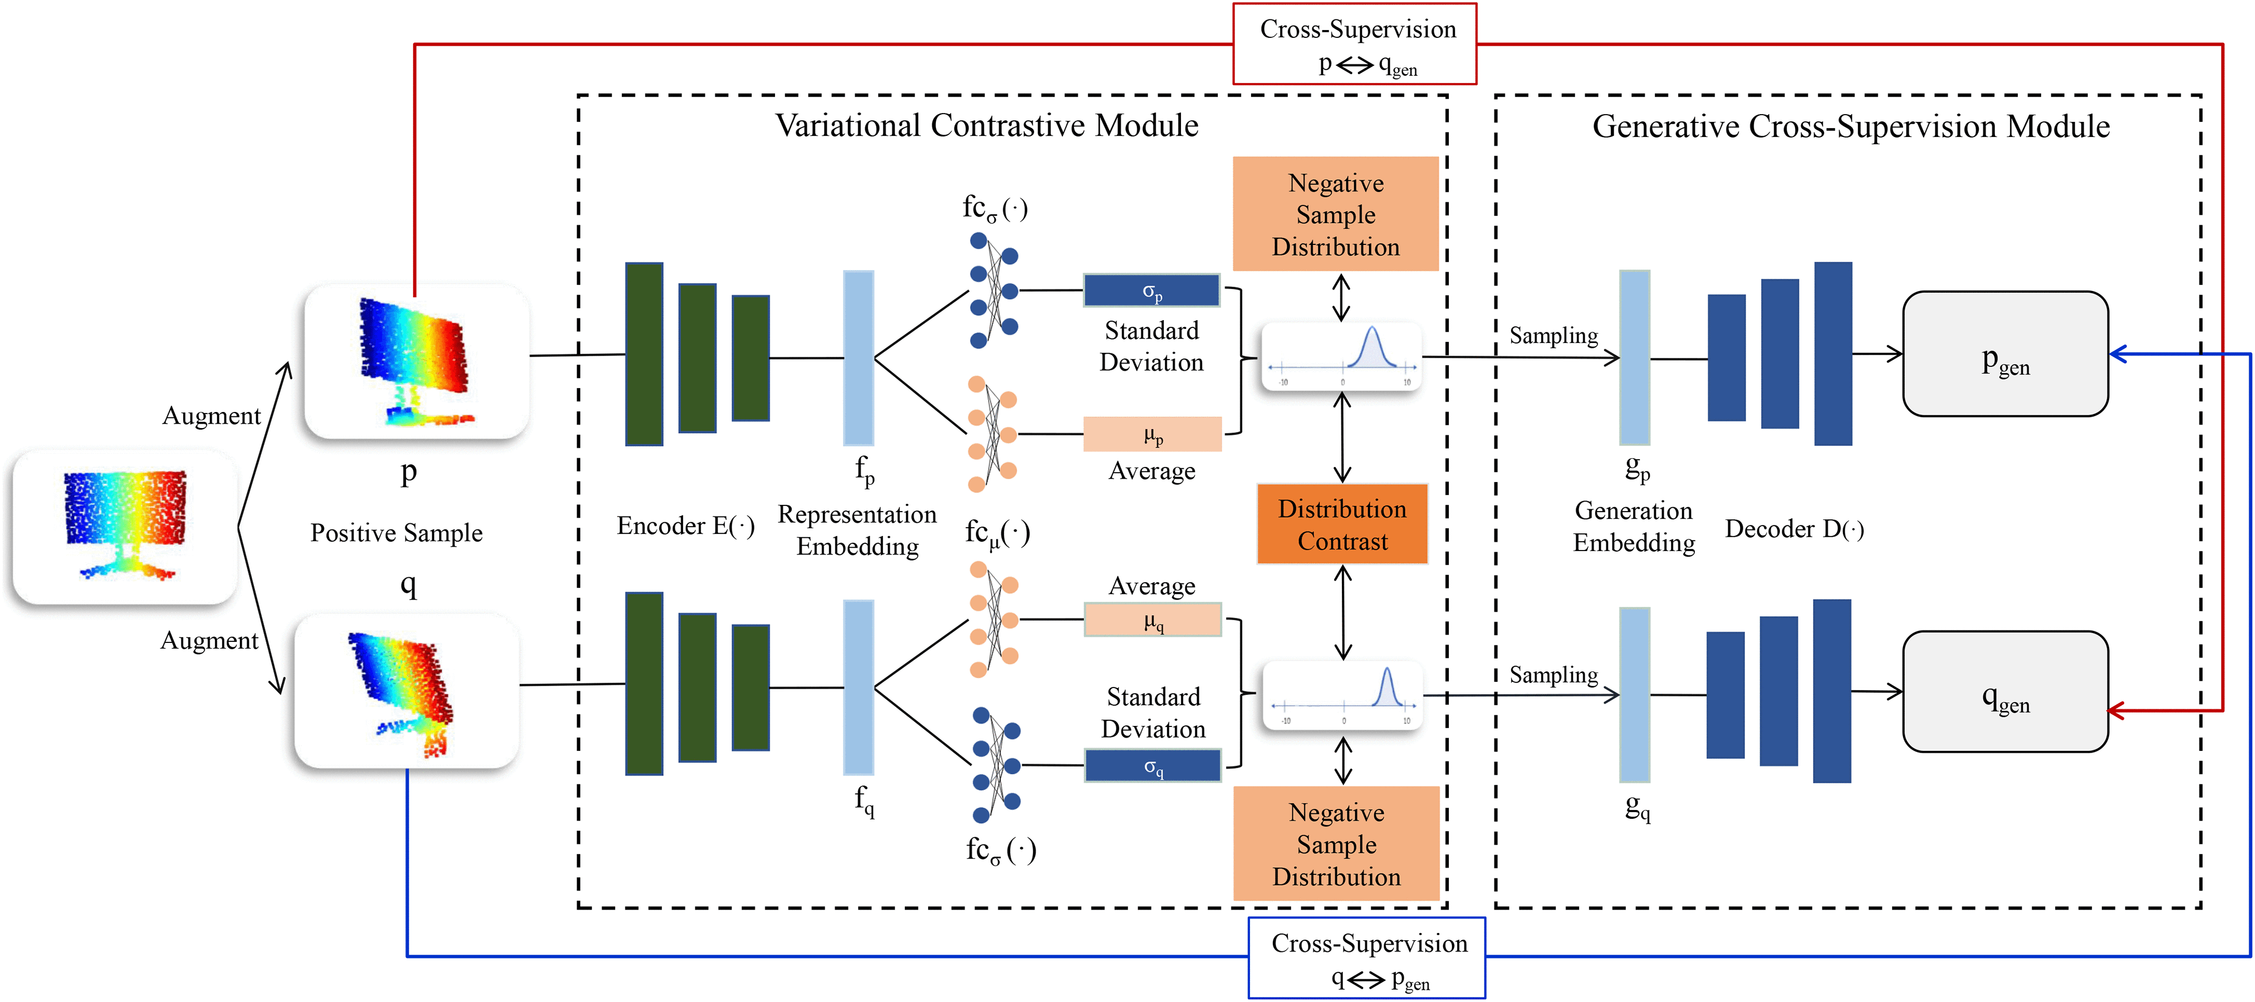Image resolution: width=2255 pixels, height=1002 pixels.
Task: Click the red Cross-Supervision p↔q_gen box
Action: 1354,44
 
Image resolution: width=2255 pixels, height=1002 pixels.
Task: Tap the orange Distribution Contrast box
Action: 1342,524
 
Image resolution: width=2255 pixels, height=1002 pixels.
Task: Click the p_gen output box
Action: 2004,355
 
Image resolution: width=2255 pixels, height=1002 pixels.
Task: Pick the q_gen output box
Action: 2004,692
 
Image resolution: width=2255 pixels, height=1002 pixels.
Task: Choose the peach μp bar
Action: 1152,434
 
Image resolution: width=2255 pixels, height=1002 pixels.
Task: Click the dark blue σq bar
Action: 1152,766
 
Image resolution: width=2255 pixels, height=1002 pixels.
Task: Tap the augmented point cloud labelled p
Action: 416,361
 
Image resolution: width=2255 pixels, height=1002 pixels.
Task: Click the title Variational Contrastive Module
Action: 987,126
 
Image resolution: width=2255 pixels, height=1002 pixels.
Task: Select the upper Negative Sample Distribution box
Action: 1336,214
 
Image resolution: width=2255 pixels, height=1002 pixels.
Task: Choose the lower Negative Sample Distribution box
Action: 1336,843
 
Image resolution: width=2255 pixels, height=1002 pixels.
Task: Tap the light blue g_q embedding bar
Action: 1634,694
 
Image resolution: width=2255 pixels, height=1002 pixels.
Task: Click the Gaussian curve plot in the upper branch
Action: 1341,356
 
